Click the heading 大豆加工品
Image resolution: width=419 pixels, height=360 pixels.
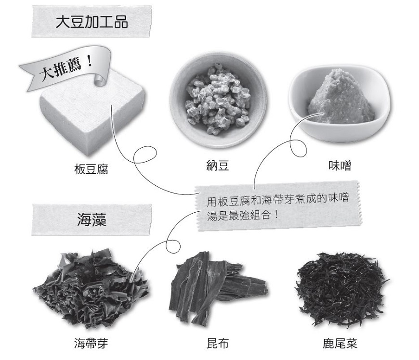tap(92, 22)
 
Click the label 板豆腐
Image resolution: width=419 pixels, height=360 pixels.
tap(92, 168)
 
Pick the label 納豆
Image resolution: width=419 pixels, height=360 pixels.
tap(217, 166)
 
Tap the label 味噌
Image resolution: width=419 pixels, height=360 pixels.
tap(340, 166)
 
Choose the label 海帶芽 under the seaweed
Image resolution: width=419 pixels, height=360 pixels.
tap(91, 344)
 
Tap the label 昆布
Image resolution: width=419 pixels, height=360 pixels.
tap(217, 344)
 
